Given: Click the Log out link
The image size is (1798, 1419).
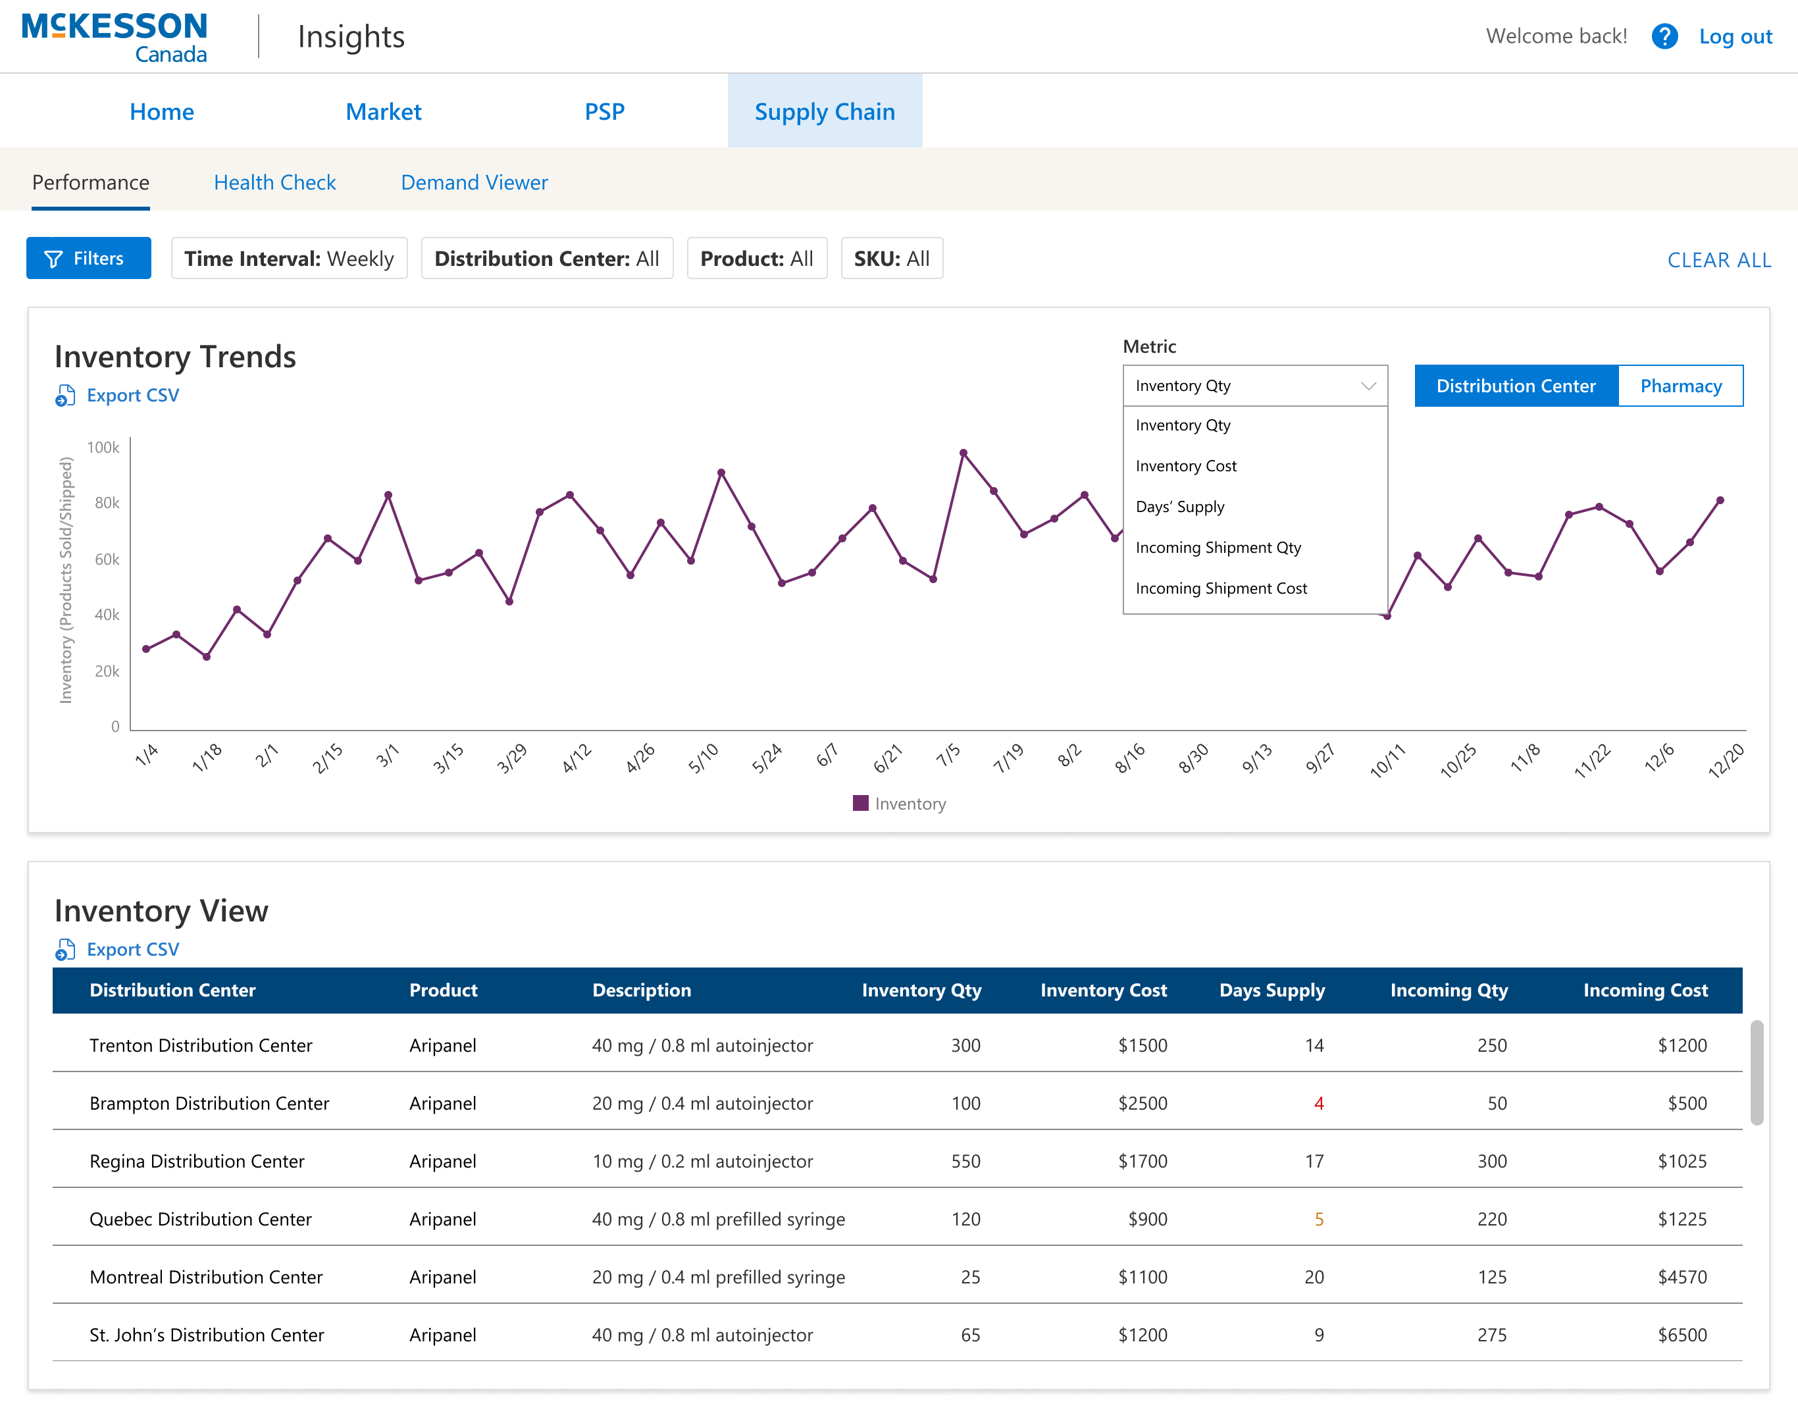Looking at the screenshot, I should [1735, 37].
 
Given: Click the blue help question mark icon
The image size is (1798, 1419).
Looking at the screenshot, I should [1664, 37].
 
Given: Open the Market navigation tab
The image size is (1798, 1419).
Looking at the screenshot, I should [383, 111].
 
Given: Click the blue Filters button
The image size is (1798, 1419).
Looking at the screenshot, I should [89, 259].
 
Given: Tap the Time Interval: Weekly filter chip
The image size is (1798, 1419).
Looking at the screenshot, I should [289, 259].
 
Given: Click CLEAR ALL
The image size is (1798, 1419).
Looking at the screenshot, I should [1718, 260].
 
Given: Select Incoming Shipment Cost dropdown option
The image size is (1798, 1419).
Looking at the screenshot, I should [1221, 588].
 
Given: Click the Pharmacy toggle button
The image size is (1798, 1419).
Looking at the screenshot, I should [1680, 386].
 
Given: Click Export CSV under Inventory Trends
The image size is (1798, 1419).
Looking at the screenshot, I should [132, 396].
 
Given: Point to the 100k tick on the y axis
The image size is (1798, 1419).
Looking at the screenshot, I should [103, 448].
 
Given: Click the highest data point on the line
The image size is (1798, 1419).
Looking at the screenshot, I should [963, 453].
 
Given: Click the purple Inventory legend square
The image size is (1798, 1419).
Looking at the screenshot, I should [861, 804].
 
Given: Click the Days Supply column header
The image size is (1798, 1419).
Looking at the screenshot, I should [1271, 991].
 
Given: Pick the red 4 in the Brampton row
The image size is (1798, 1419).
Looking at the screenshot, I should [1319, 1103].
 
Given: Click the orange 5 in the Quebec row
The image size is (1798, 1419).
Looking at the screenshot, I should [1319, 1219].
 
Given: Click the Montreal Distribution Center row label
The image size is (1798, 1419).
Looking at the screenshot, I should [205, 1277].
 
